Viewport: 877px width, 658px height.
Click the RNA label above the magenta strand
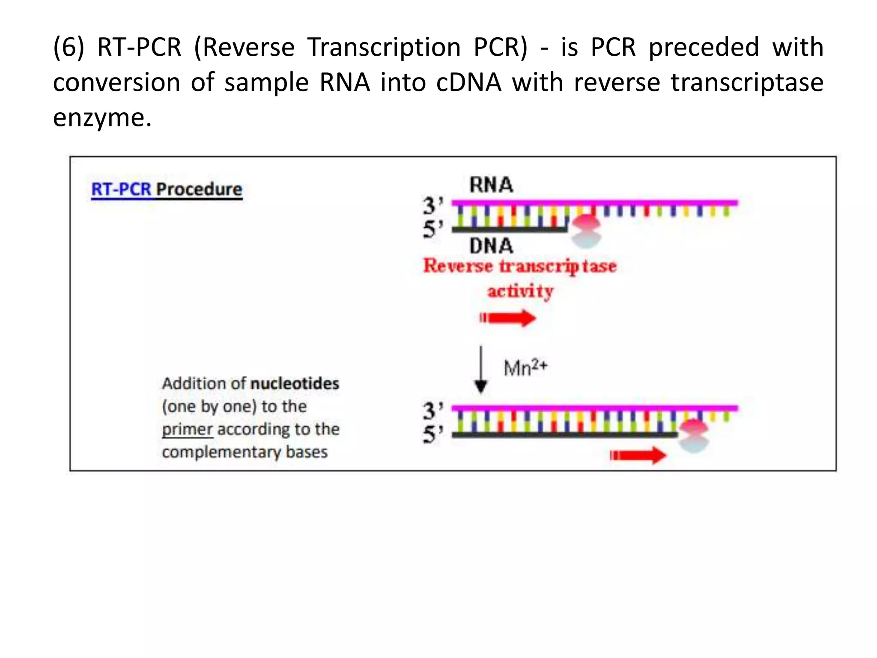pos(491,185)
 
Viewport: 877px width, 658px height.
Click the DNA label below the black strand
pos(491,246)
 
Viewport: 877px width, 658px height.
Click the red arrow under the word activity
pos(508,318)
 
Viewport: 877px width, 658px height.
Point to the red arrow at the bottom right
pos(638,455)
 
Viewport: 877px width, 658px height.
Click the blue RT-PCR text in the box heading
pos(121,189)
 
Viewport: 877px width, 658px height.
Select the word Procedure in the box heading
pos(199,189)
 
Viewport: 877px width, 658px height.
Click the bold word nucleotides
pos(295,383)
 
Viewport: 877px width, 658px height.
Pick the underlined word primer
pos(187,429)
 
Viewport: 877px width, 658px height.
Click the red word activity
pos(520,291)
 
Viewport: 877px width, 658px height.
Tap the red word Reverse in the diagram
pos(458,266)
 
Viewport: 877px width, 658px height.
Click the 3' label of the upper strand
pos(433,205)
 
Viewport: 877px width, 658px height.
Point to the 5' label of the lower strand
pos(433,434)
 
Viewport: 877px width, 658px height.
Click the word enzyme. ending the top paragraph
pos(102,117)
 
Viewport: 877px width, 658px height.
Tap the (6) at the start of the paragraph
pos(69,47)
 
